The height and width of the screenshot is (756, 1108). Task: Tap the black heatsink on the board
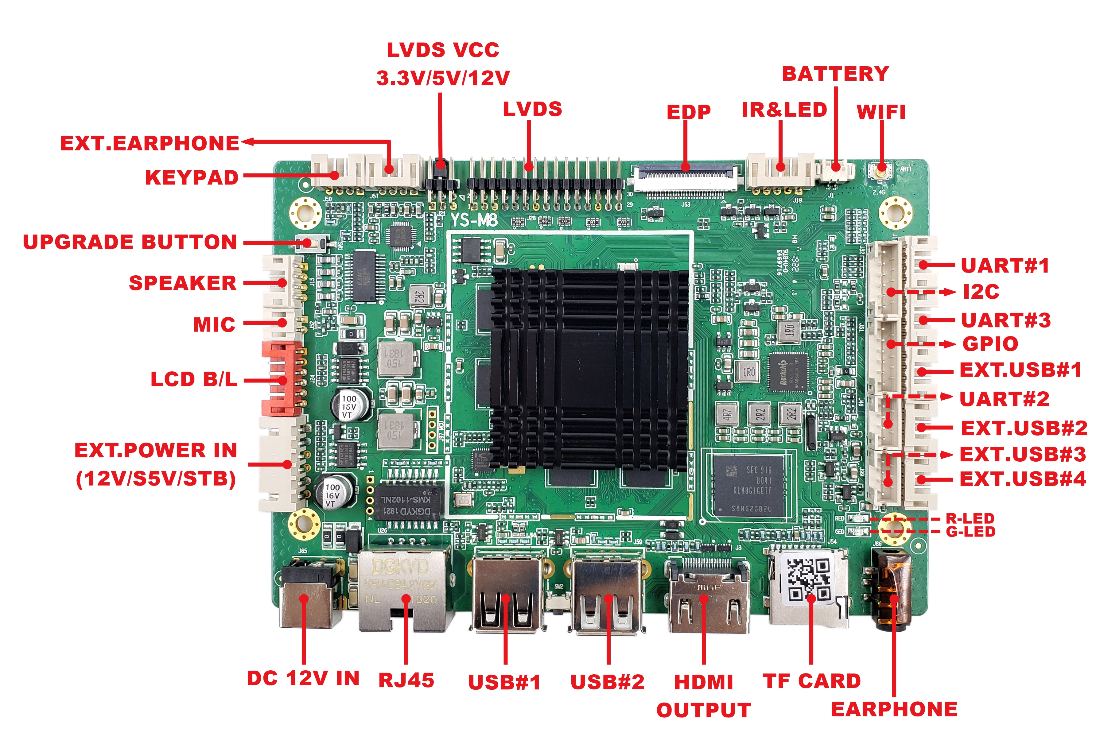point(589,370)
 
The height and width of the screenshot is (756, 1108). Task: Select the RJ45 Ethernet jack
point(404,591)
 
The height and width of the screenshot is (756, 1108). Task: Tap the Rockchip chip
point(787,372)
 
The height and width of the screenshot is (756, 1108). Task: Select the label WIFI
point(881,112)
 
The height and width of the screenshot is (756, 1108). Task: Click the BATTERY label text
point(835,74)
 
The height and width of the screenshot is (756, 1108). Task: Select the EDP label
point(688,112)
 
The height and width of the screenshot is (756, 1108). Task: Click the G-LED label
point(970,532)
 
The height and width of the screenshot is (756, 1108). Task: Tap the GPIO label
point(990,344)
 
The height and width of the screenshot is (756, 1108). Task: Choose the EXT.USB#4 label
point(1023,479)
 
